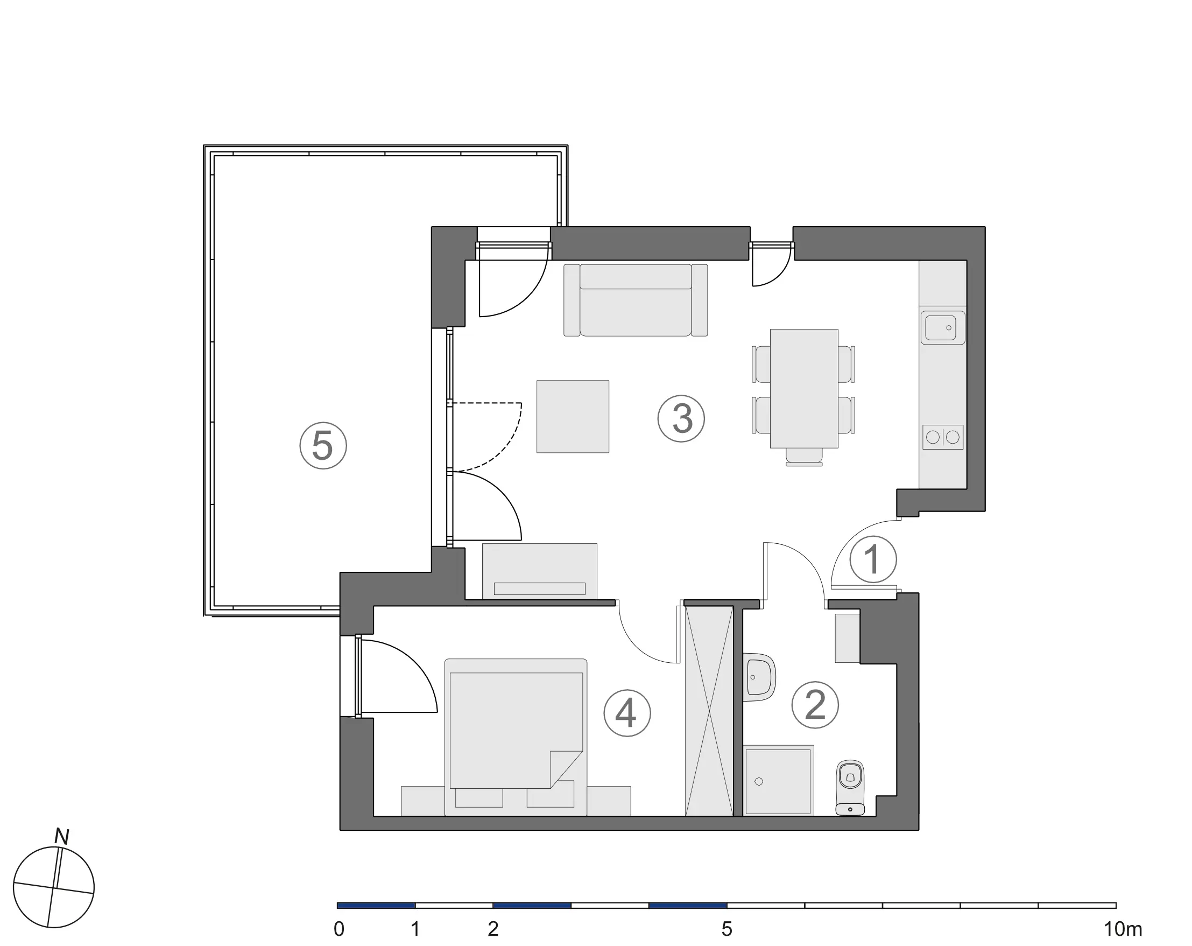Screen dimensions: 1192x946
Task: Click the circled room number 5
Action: coord(323,445)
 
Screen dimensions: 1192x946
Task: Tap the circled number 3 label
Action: coord(681,418)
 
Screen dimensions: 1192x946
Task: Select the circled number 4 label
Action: coord(627,713)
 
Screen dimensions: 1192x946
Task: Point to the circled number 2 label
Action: coord(815,705)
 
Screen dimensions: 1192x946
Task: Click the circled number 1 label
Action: coord(873,559)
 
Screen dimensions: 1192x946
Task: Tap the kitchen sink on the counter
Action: coord(943,327)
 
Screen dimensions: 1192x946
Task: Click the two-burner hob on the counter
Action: coord(943,437)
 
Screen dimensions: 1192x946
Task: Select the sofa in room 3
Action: coord(636,300)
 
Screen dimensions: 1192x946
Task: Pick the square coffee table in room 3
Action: coord(573,417)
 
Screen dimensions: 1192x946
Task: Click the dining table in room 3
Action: coord(804,388)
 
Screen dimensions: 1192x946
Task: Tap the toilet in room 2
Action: coord(850,788)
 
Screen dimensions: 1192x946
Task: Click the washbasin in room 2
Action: coord(759,677)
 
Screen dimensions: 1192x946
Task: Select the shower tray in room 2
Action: coord(779,781)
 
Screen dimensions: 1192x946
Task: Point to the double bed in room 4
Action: coord(516,737)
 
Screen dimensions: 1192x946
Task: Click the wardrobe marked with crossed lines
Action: coord(709,711)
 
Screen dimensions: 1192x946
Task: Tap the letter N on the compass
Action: coord(61,837)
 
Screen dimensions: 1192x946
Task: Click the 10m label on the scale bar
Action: coord(1123,929)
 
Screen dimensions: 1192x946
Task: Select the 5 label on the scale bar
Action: coord(727,929)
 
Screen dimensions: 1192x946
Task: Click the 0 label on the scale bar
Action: coord(339,929)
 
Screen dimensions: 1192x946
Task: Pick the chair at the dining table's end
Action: coord(804,457)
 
